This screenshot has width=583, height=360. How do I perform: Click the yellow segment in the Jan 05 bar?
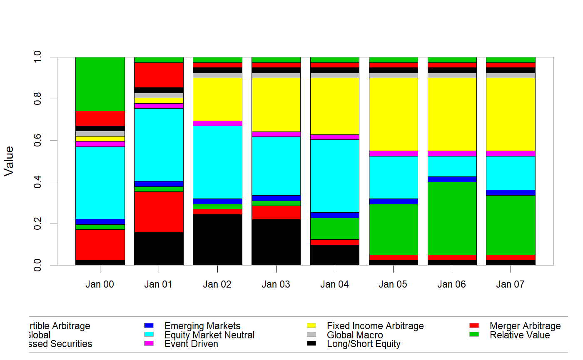coord(394,114)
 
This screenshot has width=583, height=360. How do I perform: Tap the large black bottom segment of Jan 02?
coord(217,240)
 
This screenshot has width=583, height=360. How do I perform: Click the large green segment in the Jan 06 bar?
coord(452,218)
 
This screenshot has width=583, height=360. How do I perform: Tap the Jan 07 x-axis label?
coord(510,285)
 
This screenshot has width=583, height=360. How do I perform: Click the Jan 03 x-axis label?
coord(276,285)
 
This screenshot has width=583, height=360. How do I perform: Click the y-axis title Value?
coord(9,161)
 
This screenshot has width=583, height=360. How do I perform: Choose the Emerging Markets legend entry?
coord(202,326)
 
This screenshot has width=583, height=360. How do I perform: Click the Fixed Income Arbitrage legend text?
coord(375,326)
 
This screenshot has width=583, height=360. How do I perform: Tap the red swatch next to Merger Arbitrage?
coord(474,325)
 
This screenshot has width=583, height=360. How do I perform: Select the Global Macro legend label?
coord(354,335)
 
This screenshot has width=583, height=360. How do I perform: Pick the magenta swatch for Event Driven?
coord(149,344)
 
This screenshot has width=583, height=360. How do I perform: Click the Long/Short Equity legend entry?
coord(364,344)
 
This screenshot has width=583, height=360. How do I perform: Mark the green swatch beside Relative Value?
coord(474,335)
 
